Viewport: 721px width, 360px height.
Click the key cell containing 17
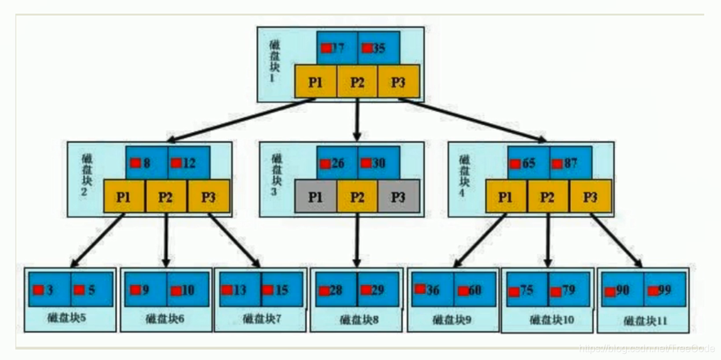pyautogui.click(x=337, y=48)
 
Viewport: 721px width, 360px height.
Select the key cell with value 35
pyautogui.click(x=379, y=48)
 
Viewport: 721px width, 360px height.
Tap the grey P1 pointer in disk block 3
pyautogui.click(x=315, y=197)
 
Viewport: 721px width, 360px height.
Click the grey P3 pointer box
pyautogui.click(x=398, y=197)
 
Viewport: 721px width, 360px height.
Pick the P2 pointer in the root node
pyautogui.click(x=357, y=82)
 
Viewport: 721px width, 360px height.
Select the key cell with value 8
pyautogui.click(x=146, y=163)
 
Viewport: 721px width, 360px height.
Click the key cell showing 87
pyautogui.click(x=570, y=163)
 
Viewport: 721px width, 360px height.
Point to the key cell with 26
pyautogui.click(x=337, y=163)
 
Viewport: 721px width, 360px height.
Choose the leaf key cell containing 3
pyautogui.click(x=50, y=290)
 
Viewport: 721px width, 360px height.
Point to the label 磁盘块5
pyautogui.click(x=67, y=317)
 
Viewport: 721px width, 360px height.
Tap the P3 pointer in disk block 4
pyautogui.click(x=590, y=197)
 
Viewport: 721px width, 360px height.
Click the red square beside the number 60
pyautogui.click(x=463, y=291)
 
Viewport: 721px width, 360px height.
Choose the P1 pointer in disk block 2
pyautogui.click(x=124, y=197)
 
